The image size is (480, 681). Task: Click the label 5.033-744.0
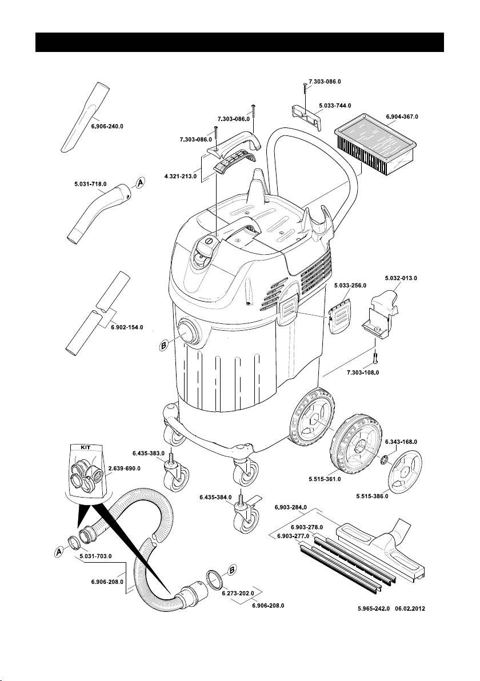[x=335, y=106]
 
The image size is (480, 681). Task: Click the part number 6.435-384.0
[x=215, y=498]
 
